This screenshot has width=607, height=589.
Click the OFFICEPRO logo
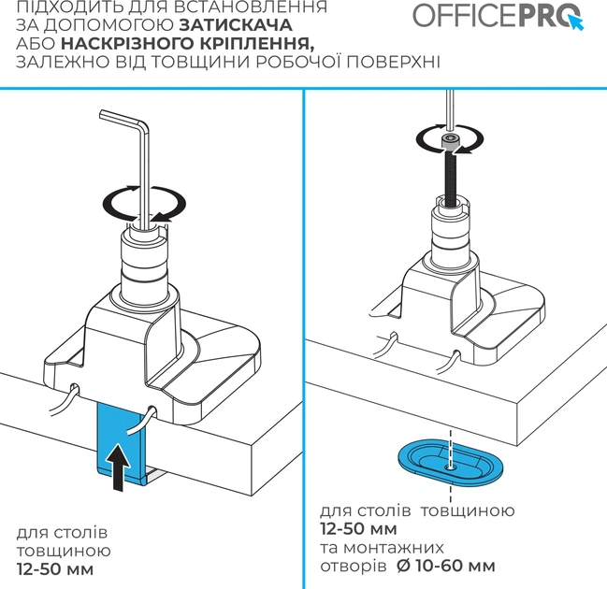499,16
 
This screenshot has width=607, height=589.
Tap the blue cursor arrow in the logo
576,22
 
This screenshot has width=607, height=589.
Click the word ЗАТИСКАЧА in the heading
236,25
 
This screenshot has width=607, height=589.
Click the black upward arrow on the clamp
121,467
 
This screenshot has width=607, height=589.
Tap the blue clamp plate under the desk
121,441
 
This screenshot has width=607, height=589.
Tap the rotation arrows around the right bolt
450,139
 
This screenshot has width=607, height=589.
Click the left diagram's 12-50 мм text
55,569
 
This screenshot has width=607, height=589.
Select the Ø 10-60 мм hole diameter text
446,567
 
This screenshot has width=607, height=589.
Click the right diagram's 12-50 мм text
358,528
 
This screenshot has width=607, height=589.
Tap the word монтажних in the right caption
394,548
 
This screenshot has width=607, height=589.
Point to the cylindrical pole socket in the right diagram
452,236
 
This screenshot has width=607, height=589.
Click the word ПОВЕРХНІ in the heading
394,63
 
